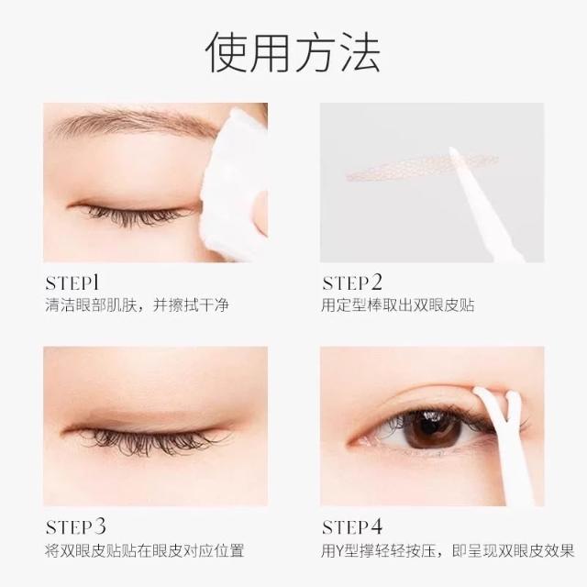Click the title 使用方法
(x=293, y=51)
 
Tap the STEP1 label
(x=72, y=283)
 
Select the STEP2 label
(x=352, y=283)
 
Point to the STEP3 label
(x=75, y=526)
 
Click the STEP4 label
(x=352, y=526)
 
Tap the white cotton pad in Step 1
(x=234, y=183)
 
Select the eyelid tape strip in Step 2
(x=422, y=166)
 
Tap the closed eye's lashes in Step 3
(x=150, y=441)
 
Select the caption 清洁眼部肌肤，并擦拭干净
(x=137, y=305)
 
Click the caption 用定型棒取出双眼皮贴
(x=397, y=305)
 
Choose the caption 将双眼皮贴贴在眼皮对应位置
(x=145, y=550)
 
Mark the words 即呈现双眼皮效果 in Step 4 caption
(x=514, y=550)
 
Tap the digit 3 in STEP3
(x=99, y=526)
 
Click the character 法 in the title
(x=360, y=51)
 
